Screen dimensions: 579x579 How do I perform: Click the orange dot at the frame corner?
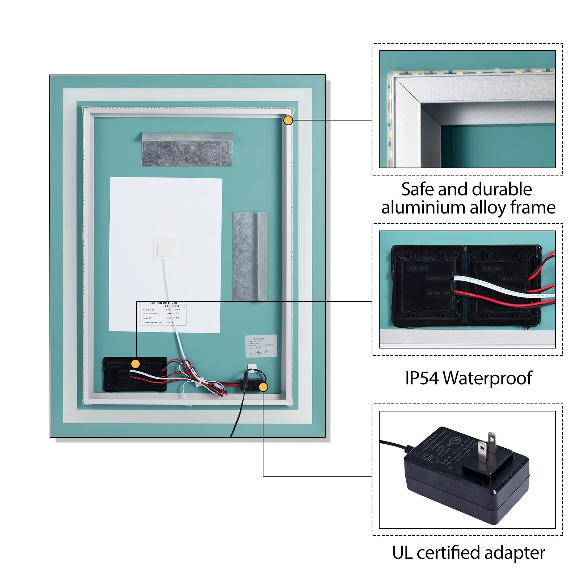pyautogui.click(x=288, y=120)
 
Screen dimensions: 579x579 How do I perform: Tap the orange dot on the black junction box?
pyautogui.click(x=135, y=364)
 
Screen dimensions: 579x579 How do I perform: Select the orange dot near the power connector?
pyautogui.click(x=263, y=387)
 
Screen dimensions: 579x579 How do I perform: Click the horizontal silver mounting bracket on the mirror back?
pyautogui.click(x=187, y=149)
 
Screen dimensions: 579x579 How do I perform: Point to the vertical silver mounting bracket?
pyautogui.click(x=249, y=256)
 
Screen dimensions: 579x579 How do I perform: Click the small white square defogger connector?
pyautogui.click(x=164, y=249)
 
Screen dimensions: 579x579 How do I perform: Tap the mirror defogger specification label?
pyautogui.click(x=164, y=313)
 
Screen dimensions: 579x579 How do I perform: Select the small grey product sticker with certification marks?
pyautogui.click(x=261, y=346)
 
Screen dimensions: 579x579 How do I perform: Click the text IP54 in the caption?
pyautogui.click(x=422, y=378)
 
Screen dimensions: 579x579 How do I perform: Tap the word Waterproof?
pyautogui.click(x=487, y=379)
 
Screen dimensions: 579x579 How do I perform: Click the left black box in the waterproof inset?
pyautogui.click(x=427, y=286)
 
